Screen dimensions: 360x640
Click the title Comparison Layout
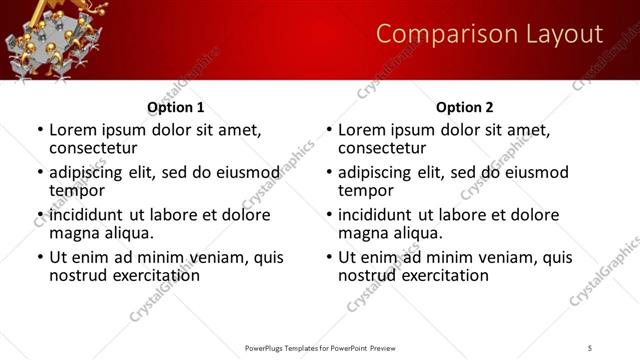coord(489,35)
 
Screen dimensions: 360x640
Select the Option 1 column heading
coord(175,107)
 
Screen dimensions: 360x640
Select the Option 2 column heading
coord(464,107)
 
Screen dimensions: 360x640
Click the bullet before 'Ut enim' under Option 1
coord(40,258)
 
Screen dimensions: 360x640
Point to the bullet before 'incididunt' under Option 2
coord(329,216)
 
